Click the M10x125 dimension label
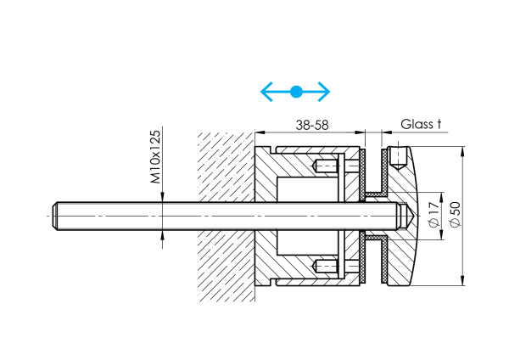pos(156,158)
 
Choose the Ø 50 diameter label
pos(455,215)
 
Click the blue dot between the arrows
pos(295,91)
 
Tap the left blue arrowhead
pos(265,91)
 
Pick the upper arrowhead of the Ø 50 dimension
pos(462,152)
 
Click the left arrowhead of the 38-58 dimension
pos(260,132)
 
